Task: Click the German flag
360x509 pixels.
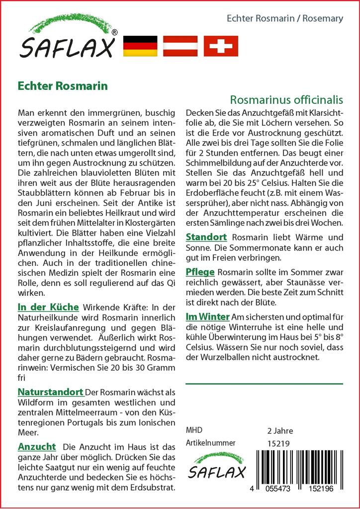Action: [140, 46]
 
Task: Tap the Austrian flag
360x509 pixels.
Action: [180, 46]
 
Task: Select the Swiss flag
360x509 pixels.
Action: [221, 46]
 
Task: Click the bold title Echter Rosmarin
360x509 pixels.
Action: [63, 85]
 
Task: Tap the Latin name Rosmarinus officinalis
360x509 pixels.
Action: [287, 100]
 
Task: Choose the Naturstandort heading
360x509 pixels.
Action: [50, 392]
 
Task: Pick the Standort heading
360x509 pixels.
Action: [206, 237]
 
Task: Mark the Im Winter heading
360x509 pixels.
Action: [207, 316]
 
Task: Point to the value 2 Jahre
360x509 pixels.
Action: [280, 430]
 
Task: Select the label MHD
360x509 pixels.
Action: [194, 430]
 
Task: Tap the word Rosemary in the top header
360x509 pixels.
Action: [325, 18]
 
